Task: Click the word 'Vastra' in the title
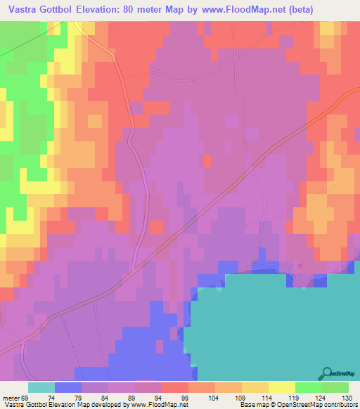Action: click(20, 9)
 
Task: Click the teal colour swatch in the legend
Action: click(41, 387)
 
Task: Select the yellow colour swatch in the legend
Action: click(281, 387)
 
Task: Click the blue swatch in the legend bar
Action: click(67, 387)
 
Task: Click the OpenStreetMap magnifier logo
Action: click(328, 373)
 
